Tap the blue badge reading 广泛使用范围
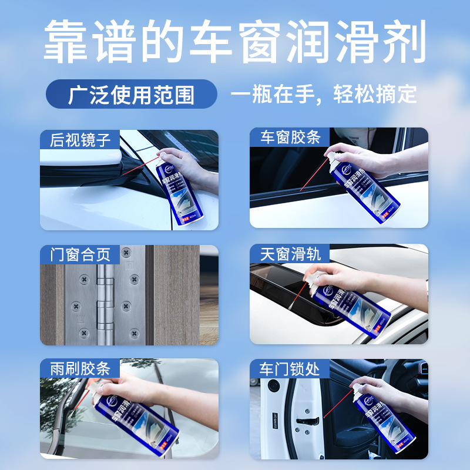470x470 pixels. tap(131, 95)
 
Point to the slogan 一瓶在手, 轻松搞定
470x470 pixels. tap(324, 95)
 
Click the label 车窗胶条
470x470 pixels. tap(291, 138)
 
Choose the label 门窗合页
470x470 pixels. tap(80, 255)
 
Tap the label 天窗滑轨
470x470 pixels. tap(291, 254)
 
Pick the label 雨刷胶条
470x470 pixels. tap(80, 369)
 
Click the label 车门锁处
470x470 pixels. tap(290, 369)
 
